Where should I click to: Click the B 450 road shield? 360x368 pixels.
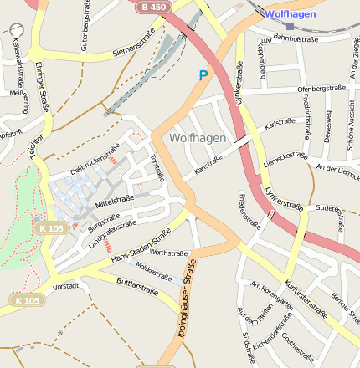click(153, 7)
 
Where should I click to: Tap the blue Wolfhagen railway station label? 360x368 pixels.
click(291, 14)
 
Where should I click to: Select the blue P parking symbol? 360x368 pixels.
click(203, 75)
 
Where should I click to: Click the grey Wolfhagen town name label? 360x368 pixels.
click(198, 137)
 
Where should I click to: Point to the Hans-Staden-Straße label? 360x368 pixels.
click(141, 248)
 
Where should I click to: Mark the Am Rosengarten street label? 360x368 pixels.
click(271, 298)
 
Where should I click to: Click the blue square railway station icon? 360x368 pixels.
click(290, 26)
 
